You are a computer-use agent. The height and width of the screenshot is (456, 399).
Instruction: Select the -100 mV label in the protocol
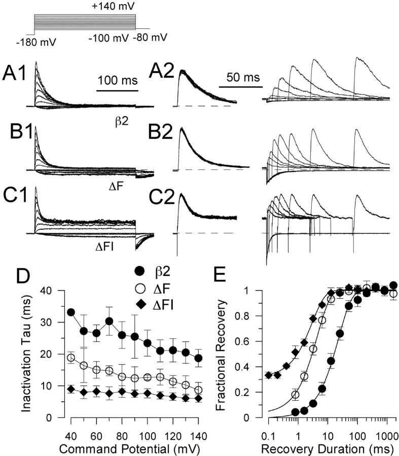point(108,38)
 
